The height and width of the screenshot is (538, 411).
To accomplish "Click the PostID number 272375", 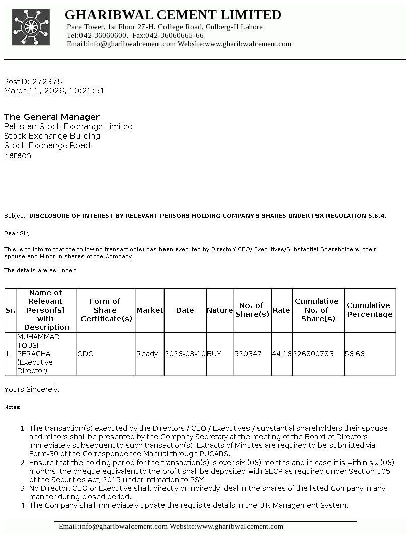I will point(47,81).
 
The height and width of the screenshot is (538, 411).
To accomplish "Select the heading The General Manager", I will point(52,117).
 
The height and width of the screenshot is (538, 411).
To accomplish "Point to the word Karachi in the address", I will point(18,156).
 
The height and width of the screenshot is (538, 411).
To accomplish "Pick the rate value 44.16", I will point(282,354).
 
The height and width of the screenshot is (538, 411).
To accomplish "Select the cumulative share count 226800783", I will point(313,354).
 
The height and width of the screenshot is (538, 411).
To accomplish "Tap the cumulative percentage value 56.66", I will point(355,354).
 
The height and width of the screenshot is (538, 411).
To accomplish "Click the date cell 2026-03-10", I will point(185,354).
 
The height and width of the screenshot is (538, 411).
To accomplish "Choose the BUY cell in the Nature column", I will point(214,354).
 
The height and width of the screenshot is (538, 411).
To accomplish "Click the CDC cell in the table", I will point(85,354).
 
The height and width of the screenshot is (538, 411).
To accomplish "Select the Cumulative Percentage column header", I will point(369,310).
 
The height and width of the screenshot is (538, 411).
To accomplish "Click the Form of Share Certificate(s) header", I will point(106,310).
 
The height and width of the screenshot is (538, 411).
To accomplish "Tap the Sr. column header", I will point(10,310).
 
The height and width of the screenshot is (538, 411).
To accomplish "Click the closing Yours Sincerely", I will point(32,389).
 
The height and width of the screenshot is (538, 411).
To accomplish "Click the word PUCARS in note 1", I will point(215,454).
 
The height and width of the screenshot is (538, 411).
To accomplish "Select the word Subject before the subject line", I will point(15,216).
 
